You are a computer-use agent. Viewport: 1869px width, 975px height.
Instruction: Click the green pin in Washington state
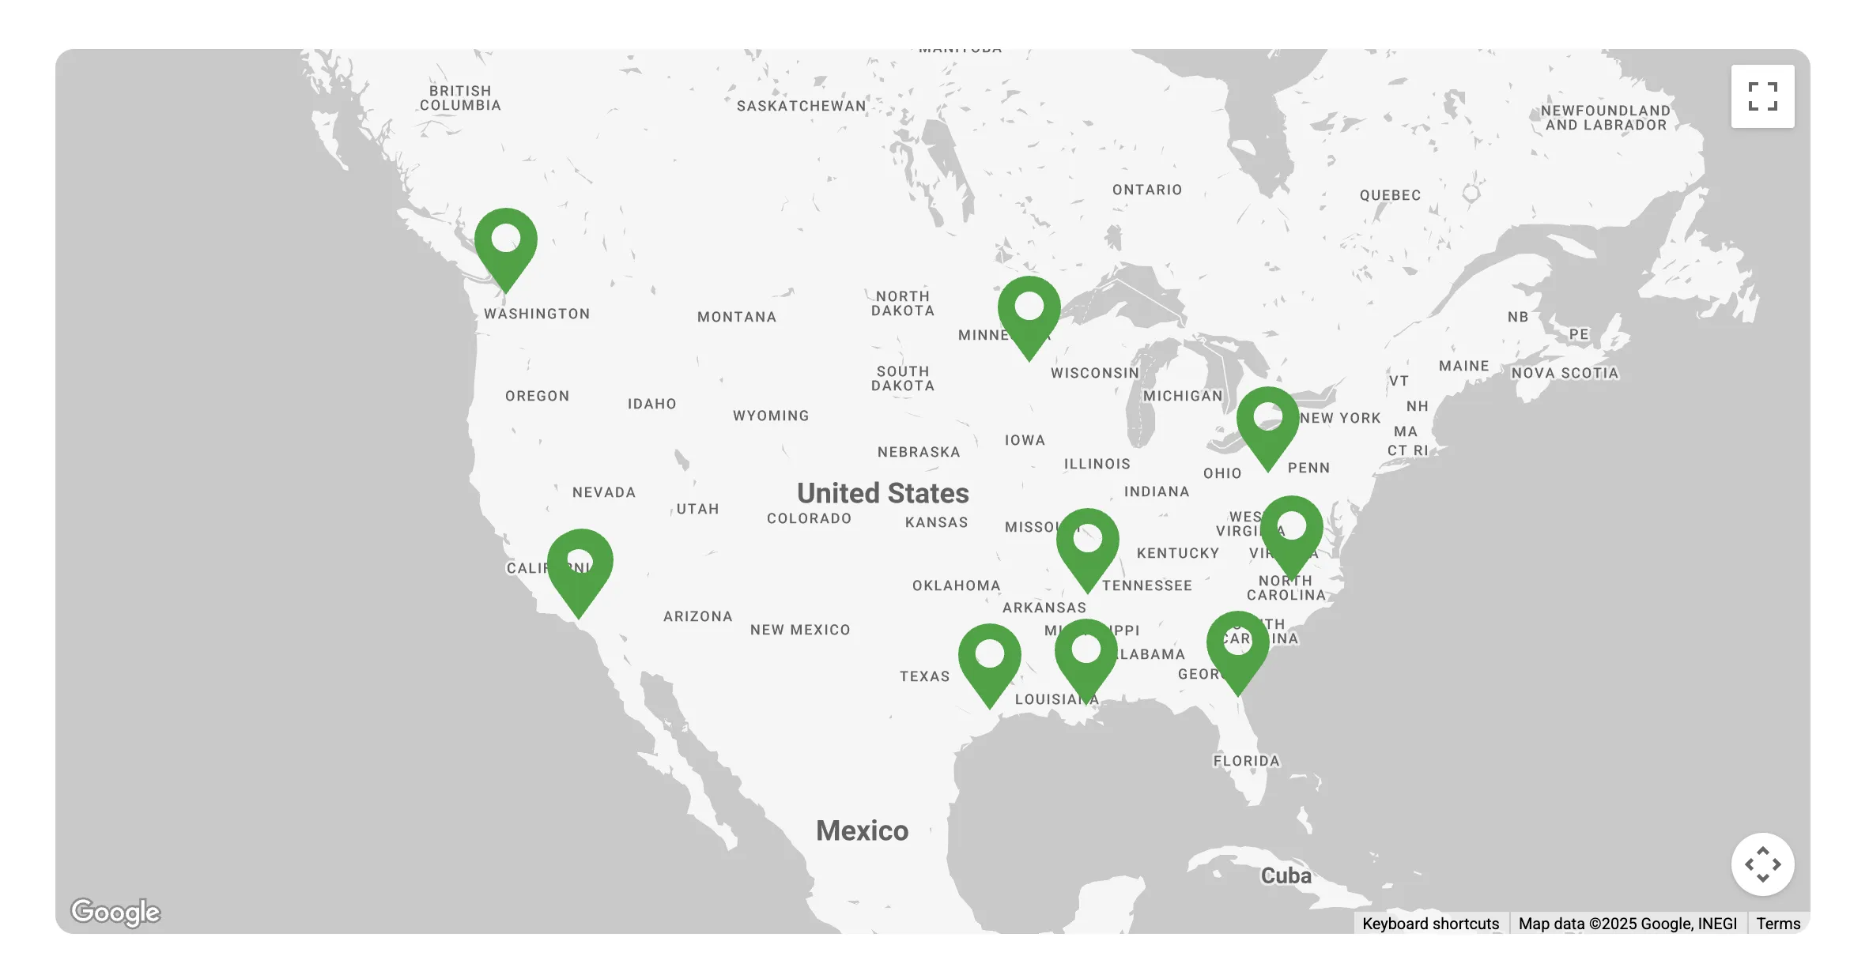[506, 244]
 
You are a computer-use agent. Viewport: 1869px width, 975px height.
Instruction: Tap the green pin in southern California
[580, 567]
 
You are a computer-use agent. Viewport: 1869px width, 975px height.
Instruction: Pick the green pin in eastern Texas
[989, 660]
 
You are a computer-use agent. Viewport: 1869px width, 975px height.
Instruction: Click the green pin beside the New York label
[1267, 423]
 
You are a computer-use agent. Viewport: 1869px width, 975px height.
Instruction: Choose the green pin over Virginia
[1291, 532]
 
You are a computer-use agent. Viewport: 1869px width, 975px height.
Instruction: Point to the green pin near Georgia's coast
[1237, 647]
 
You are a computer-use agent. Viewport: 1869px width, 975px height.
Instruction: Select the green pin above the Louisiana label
[1086, 655]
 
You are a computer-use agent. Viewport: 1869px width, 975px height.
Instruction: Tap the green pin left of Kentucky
[1087, 544]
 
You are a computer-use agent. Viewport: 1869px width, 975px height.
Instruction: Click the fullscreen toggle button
[1762, 96]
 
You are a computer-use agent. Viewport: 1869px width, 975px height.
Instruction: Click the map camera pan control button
[1762, 864]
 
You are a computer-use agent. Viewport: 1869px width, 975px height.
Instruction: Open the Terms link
[1778, 924]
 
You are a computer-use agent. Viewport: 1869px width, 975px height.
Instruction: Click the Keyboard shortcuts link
[1430, 924]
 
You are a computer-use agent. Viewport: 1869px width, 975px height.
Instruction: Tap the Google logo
[115, 912]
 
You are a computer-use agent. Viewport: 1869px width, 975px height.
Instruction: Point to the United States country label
[882, 493]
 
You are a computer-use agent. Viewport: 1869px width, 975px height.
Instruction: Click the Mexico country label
[862, 830]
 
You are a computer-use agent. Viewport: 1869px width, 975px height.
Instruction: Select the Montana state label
[737, 317]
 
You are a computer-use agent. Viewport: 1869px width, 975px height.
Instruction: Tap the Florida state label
[1246, 761]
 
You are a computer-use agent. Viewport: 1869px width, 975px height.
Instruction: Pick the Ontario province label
[1147, 190]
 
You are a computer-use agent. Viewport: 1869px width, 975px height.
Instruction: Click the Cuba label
[1286, 875]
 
